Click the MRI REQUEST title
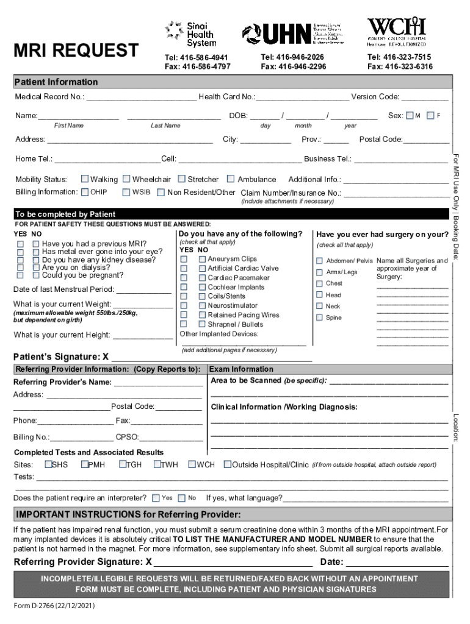pyautogui.click(x=76, y=50)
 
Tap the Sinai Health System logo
pyautogui.click(x=191, y=34)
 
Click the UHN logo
pyautogui.click(x=293, y=34)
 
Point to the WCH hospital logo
pyautogui.click(x=396, y=31)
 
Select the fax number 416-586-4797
pyautogui.click(x=198, y=66)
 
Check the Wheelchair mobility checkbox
pyautogui.click(x=126, y=179)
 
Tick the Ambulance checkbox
pyautogui.click(x=231, y=179)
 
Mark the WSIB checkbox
pyautogui.click(x=126, y=193)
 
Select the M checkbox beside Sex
pyautogui.click(x=410, y=116)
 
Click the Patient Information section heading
pyautogui.click(x=56, y=82)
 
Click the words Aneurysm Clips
pyautogui.click(x=232, y=259)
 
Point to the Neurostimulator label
pyautogui.click(x=233, y=305)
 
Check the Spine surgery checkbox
pyautogui.click(x=319, y=317)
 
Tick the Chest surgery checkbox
pyautogui.click(x=319, y=283)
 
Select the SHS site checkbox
pyautogui.click(x=48, y=464)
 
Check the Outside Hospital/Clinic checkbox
pyautogui.click(x=227, y=464)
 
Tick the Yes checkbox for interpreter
pyautogui.click(x=156, y=498)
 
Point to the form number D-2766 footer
pyautogui.click(x=55, y=607)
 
